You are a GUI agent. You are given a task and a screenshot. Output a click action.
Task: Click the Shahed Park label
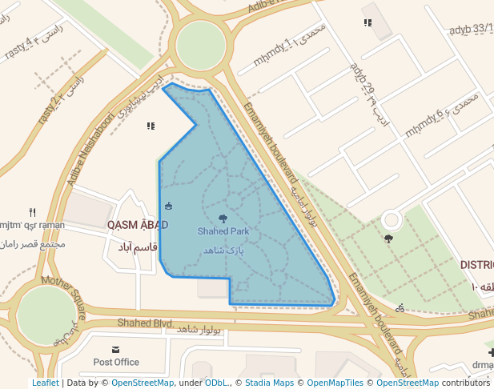coord(223,231)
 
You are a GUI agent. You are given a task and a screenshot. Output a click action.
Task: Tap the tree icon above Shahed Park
coord(223,218)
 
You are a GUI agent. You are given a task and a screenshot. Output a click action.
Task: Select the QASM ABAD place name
coord(138,225)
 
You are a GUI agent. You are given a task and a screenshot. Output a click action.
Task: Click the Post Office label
coord(116,362)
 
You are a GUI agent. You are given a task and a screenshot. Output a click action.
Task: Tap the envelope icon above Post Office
coord(116,350)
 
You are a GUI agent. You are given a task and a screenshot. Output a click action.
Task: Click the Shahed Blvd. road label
coord(145,323)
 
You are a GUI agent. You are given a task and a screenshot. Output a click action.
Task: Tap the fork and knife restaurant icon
coord(33,213)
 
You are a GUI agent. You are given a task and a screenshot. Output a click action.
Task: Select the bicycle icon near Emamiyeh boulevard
coord(400,308)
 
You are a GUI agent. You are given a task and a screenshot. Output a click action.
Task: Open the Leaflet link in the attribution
coord(46,383)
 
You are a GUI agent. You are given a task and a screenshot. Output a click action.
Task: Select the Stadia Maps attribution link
coord(269,383)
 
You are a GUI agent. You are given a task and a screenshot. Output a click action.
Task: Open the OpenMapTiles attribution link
coord(334,383)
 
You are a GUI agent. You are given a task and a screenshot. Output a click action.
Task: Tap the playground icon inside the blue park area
coord(167,207)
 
